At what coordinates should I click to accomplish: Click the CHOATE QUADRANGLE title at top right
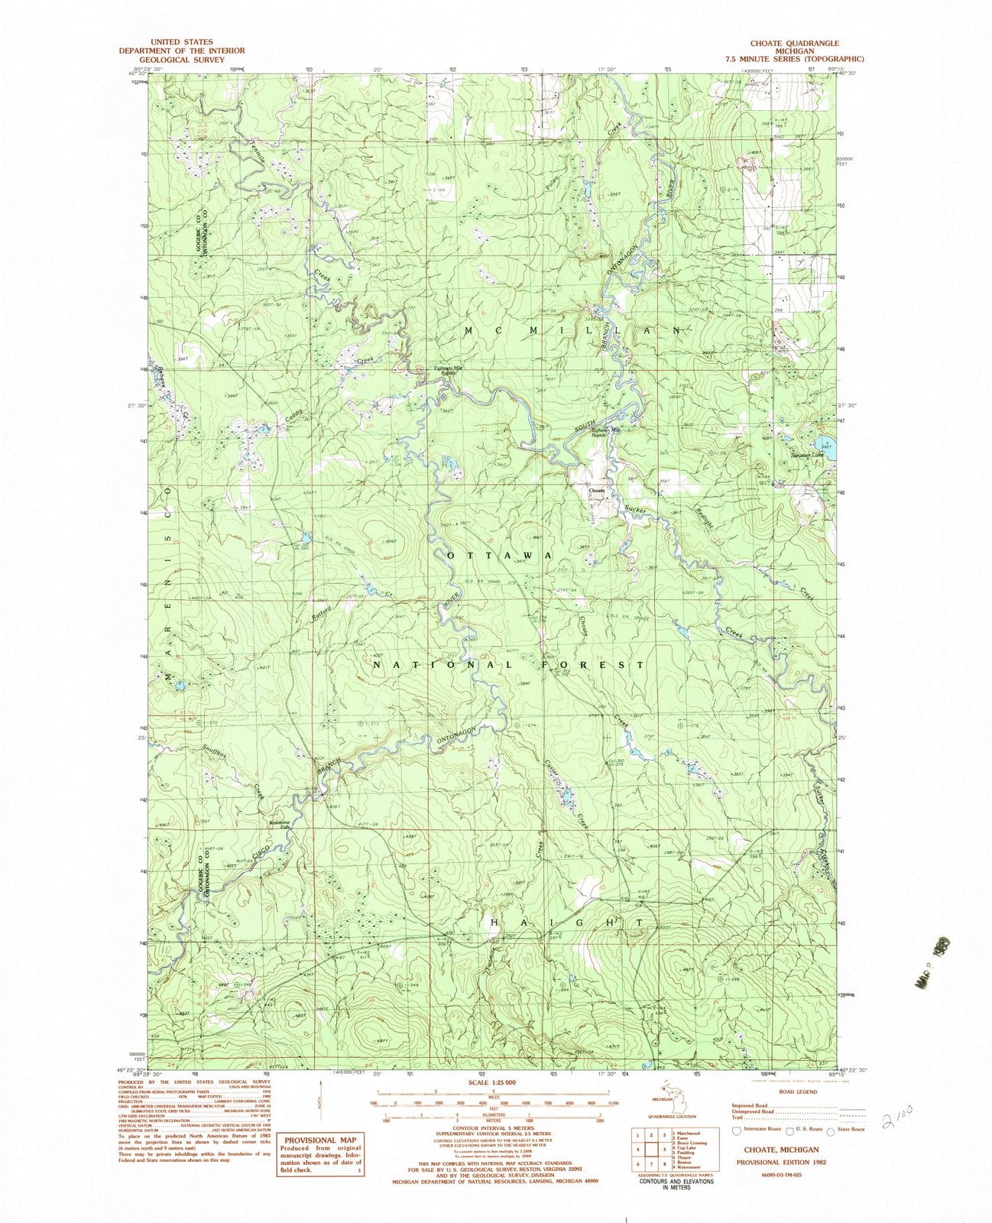click(796, 44)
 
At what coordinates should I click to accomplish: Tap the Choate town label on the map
click(596, 490)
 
